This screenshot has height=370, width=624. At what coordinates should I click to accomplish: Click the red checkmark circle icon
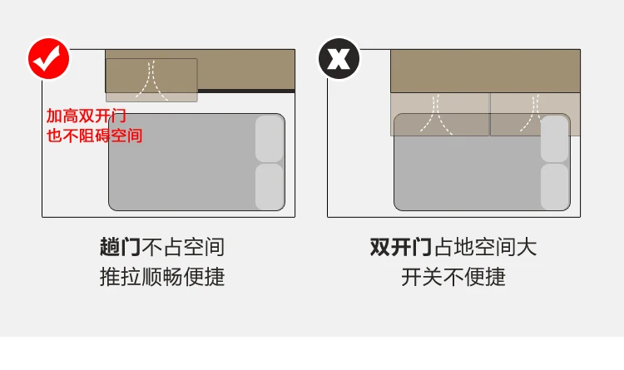point(49,59)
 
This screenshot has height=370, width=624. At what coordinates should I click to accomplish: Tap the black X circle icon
point(339,59)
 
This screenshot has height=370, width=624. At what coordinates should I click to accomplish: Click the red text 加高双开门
point(86,118)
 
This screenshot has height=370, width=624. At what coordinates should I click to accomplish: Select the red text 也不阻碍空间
point(94,135)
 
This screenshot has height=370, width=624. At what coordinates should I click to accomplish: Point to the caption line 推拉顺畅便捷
point(162,277)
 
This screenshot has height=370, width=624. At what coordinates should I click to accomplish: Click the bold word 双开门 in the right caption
point(400,247)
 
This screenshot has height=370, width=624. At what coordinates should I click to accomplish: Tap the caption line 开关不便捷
point(453,277)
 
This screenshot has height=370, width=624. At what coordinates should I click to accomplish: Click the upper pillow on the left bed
point(270,139)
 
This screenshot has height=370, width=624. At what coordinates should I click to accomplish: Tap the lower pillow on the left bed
point(270,186)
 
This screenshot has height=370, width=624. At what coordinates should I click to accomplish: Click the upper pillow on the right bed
point(554,139)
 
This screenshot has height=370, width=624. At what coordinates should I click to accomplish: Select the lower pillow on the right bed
point(554,186)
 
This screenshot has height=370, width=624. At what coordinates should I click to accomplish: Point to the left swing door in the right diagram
point(440,114)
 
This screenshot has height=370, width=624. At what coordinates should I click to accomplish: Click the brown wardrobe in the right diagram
point(485,71)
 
